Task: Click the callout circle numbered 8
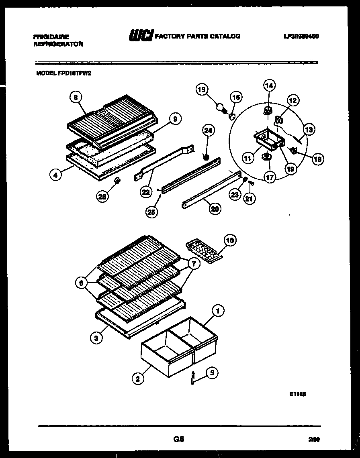click(75, 97)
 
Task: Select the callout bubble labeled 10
click(229, 240)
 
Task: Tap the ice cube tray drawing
click(202, 251)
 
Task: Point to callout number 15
click(202, 90)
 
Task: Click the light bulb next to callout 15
click(220, 107)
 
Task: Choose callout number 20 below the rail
click(215, 208)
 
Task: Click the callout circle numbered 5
click(213, 373)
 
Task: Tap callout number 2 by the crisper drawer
click(138, 379)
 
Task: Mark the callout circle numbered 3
click(96, 338)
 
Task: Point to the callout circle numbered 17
click(270, 176)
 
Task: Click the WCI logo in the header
click(140, 37)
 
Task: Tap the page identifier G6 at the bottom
click(179, 439)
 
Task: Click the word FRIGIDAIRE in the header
click(51, 37)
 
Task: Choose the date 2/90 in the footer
click(314, 440)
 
